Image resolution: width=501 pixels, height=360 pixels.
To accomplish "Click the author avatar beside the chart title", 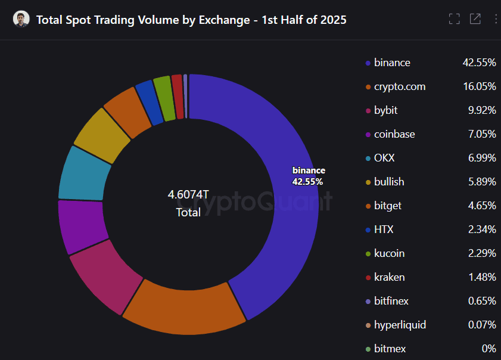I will (21, 20).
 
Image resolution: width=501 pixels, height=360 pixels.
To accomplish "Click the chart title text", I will (191, 20).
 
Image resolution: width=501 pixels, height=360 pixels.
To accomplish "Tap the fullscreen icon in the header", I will (454, 19).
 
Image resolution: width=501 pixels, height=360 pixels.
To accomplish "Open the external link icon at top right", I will (475, 19).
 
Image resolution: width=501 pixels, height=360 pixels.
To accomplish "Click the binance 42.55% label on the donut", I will (308, 176).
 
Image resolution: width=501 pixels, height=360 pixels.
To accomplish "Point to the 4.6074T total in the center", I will (188, 195).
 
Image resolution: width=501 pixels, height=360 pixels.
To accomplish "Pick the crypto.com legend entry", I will (400, 86).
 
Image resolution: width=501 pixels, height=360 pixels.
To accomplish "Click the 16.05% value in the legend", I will (479, 86).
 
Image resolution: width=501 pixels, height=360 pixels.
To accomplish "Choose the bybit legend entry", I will (385, 110).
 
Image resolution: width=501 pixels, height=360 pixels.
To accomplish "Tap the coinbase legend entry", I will (394, 134).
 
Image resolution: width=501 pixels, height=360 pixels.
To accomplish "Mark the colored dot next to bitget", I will (368, 206).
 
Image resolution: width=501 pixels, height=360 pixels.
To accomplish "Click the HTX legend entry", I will (384, 229).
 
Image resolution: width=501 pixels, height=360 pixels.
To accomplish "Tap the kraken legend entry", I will (389, 277).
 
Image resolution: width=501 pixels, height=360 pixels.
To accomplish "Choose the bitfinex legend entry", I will (391, 301).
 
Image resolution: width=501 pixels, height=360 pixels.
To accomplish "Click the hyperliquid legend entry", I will (400, 325).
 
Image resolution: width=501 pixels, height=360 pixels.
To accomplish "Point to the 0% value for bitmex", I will (488, 349).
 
